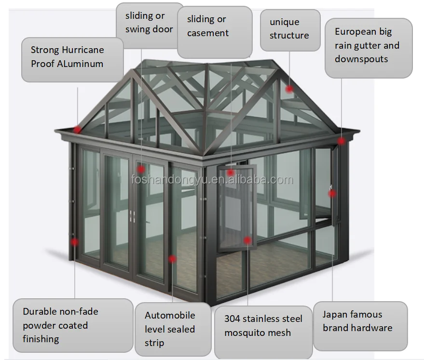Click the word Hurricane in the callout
click(x=83, y=50)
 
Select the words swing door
click(x=149, y=29)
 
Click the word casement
click(x=208, y=33)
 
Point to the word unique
click(x=285, y=22)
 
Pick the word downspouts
click(x=361, y=59)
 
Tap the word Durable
click(x=39, y=311)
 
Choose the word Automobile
click(x=170, y=315)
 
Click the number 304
click(x=232, y=319)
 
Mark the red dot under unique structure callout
click(x=289, y=89)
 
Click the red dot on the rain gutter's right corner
click(x=341, y=141)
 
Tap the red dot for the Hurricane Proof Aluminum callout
click(x=77, y=130)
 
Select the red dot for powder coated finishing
click(x=74, y=242)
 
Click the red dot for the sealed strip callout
click(x=172, y=259)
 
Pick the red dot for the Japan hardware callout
click(x=332, y=193)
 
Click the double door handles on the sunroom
click(x=132, y=216)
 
